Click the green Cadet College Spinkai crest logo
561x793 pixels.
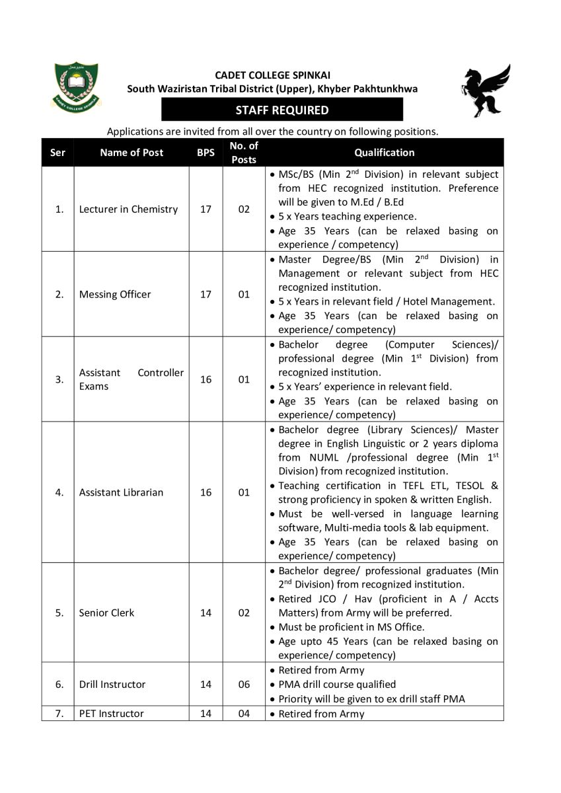tap(75, 86)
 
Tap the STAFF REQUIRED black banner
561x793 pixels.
tap(282, 110)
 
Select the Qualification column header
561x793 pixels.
tap(384, 153)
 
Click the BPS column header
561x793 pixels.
tap(206, 153)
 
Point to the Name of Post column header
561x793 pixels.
tap(131, 153)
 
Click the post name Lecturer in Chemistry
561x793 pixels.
tap(128, 209)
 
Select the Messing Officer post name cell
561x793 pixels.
tap(115, 295)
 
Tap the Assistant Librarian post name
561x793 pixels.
tap(121, 492)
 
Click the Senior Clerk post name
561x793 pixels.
tap(106, 613)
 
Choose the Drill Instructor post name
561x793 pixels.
tap(112, 684)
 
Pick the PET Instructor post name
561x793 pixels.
tap(111, 714)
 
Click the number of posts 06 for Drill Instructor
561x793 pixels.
tap(244, 684)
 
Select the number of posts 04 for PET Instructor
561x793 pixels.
tap(244, 714)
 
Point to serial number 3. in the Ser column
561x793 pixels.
tap(59, 379)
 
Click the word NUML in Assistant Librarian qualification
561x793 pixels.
tap(322, 457)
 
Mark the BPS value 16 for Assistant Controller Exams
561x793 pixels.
tap(206, 379)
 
